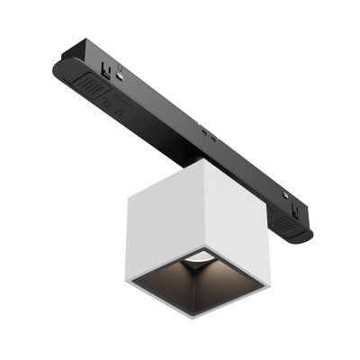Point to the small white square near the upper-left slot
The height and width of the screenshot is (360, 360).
click(x=119, y=79)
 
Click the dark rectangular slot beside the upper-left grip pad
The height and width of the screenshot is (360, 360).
click(x=107, y=67)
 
